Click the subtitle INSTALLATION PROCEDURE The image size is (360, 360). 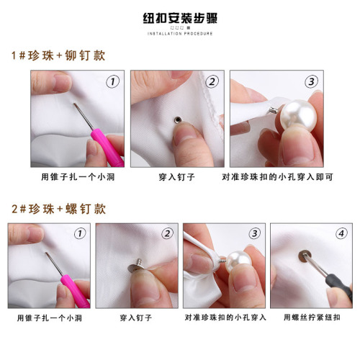coord(180,33)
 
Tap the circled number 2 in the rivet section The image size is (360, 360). coord(211,81)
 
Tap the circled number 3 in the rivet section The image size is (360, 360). coord(311,81)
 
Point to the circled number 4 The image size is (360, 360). coord(341,233)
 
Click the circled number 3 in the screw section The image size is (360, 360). coord(254,233)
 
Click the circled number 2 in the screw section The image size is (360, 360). coord(167,233)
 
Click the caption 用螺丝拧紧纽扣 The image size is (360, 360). coord(311,316)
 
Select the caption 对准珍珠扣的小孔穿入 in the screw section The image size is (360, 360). coord(225,316)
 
